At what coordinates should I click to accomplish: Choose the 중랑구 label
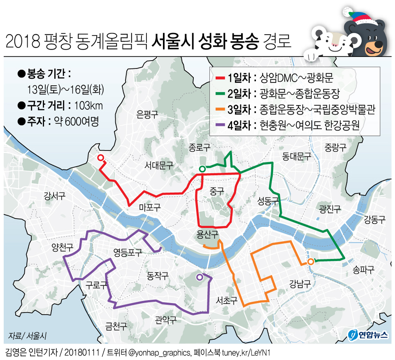(x=335, y=147)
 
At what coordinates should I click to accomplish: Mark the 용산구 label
(x=207, y=234)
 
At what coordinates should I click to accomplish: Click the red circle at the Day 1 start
(x=100, y=157)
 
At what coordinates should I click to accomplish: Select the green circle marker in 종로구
(x=202, y=168)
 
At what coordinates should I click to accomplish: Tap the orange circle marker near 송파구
(x=311, y=261)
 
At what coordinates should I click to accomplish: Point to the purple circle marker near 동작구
(x=200, y=277)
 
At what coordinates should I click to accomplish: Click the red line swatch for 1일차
(x=220, y=78)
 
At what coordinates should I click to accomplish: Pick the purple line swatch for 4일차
(x=220, y=125)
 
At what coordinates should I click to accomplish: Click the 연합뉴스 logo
(x=368, y=334)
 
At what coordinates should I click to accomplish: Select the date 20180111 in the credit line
(x=84, y=353)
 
